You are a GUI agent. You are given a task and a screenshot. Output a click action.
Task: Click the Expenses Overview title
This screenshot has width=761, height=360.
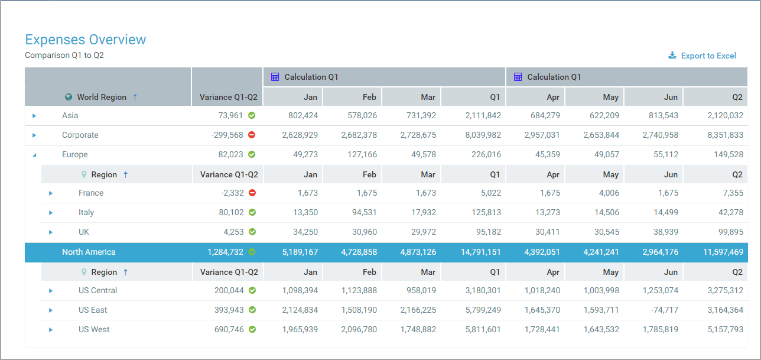coord(85,40)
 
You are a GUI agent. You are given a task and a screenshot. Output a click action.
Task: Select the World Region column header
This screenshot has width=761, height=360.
coord(101,97)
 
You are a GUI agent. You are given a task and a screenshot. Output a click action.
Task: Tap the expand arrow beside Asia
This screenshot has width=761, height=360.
coord(34,116)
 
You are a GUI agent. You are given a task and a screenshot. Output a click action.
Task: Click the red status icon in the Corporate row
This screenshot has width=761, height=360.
coord(252,135)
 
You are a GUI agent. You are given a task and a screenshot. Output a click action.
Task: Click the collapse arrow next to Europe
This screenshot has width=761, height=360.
coord(34,155)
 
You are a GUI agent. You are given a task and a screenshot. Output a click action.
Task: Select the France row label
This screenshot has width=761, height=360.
coord(91,193)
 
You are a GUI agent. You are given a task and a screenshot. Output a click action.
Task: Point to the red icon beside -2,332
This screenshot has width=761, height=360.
coord(252,193)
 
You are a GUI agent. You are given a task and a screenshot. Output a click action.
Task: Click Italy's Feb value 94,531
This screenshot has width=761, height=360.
coord(360,212)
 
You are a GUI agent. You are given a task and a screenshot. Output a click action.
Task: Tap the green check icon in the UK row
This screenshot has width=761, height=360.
coord(252,232)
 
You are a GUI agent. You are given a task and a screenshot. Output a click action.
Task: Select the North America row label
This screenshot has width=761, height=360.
coord(89,252)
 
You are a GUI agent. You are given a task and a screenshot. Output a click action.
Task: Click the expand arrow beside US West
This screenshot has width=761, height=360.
coord(51,330)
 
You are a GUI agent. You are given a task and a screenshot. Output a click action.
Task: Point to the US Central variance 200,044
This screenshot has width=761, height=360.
coord(229,290)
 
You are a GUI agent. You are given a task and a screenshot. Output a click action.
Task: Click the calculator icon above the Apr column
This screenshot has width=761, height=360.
coord(518,77)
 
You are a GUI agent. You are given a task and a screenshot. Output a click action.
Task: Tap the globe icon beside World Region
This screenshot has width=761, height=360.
coord(69,97)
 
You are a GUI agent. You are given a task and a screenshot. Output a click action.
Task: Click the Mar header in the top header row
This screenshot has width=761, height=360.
coord(428,97)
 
